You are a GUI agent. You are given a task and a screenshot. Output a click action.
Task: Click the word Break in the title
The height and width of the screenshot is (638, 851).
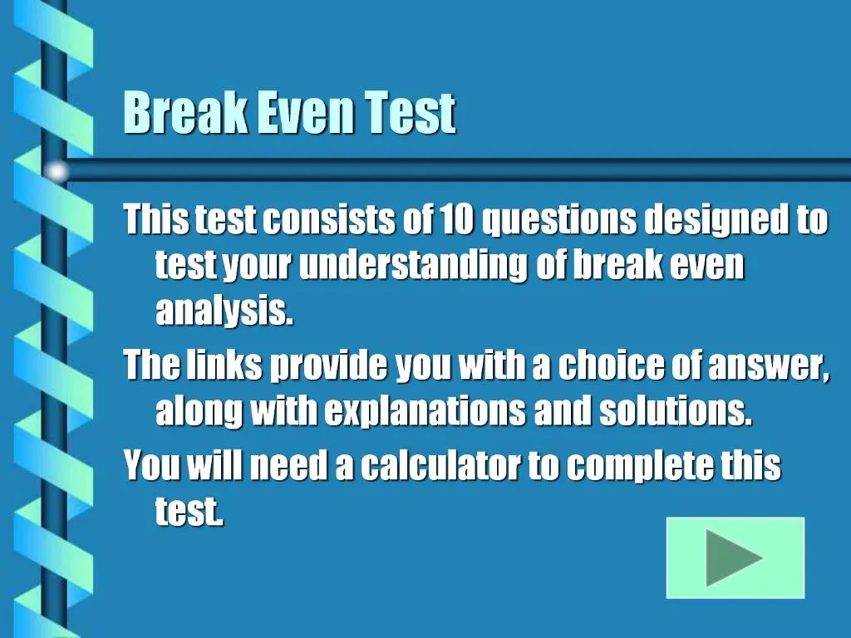coord(184,114)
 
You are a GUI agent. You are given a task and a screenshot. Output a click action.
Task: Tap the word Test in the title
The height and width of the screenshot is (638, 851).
coord(411,114)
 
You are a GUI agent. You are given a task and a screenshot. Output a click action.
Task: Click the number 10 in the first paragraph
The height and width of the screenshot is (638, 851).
coord(457,220)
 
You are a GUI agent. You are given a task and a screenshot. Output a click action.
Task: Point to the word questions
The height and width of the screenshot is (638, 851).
coord(559,220)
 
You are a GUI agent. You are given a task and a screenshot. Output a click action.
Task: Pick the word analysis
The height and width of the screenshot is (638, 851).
coord(224,312)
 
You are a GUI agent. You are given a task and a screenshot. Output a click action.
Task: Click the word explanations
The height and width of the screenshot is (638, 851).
coord(425,412)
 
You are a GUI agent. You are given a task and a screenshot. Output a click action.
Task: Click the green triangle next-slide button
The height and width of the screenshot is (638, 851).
coord(735,557)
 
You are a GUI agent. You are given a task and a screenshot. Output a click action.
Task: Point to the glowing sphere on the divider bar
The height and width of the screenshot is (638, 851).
coord(57,171)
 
